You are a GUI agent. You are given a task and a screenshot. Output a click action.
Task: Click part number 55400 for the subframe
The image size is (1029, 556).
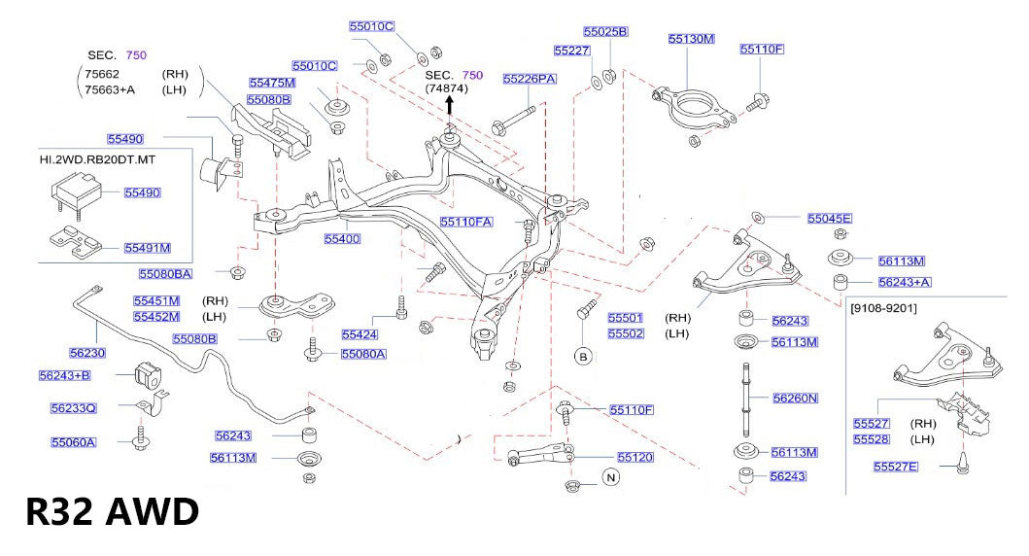[342, 238]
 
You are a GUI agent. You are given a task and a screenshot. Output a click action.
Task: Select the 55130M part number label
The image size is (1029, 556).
[691, 40]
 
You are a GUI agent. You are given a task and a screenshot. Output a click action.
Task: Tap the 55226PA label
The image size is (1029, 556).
[529, 79]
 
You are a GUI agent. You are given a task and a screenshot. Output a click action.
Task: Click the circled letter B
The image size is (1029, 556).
[584, 356]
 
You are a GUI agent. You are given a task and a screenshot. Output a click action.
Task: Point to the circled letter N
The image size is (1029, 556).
[611, 476]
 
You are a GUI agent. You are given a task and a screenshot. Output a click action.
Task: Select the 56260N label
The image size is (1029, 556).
[795, 398]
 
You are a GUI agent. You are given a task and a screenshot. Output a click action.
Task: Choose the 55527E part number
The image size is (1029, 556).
[895, 468]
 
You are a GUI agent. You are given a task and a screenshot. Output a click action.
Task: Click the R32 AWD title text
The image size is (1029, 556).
[111, 511]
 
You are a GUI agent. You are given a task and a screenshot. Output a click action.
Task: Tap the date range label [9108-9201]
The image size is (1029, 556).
[882, 309]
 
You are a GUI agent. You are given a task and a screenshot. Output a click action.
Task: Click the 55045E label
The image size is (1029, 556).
[829, 219]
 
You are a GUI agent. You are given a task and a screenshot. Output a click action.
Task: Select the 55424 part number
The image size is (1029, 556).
[359, 334]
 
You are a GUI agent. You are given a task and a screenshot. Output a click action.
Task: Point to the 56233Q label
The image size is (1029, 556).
[74, 408]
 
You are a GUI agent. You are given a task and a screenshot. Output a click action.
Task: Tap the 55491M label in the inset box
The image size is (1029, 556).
[147, 248]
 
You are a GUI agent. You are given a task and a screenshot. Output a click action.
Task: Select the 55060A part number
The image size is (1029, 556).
[74, 442]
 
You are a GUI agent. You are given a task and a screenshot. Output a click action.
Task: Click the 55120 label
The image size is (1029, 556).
[635, 456]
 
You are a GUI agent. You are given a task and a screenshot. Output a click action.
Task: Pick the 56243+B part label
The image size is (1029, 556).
[64, 375]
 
